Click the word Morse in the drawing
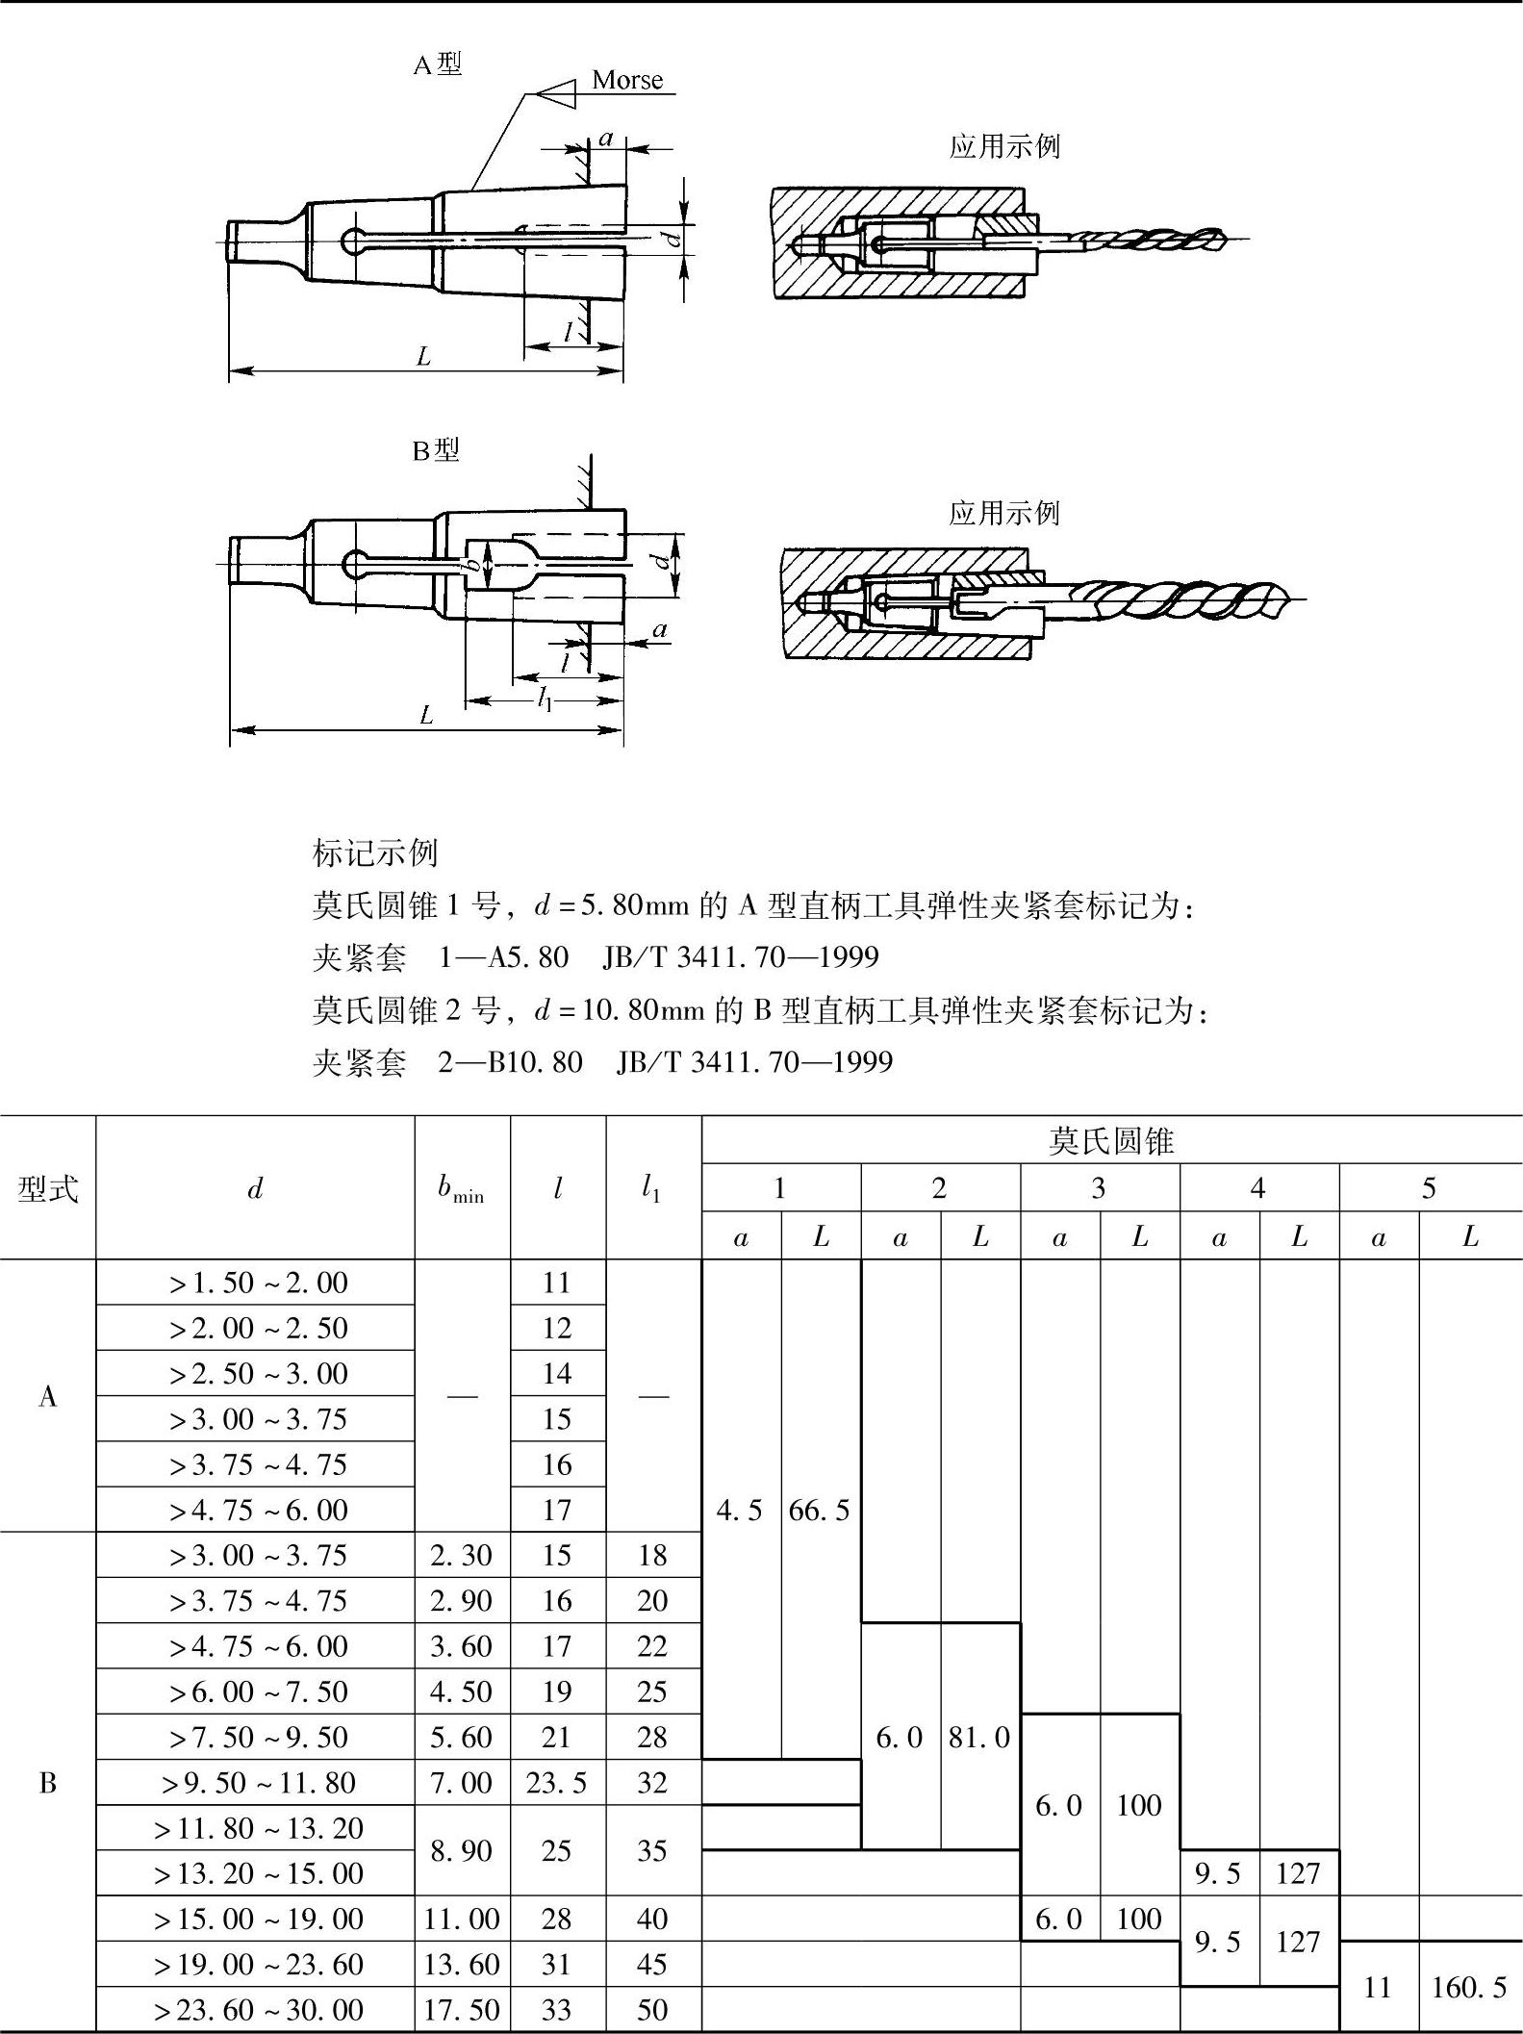click(x=627, y=80)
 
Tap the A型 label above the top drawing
click(x=438, y=64)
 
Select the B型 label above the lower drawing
click(x=436, y=450)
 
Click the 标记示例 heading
click(x=375, y=852)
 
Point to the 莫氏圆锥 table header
click(x=1111, y=1141)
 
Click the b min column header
click(x=461, y=1189)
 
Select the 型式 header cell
click(x=48, y=1189)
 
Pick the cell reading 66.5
click(x=819, y=1511)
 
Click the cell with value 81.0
click(x=979, y=1738)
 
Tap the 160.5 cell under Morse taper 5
click(x=1468, y=1988)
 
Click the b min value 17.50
click(x=462, y=2010)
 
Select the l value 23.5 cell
click(x=557, y=1783)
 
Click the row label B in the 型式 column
click(x=48, y=1783)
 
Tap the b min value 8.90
click(x=462, y=1851)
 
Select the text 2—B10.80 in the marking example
click(x=510, y=1062)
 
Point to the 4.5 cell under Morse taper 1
click(x=740, y=1511)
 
